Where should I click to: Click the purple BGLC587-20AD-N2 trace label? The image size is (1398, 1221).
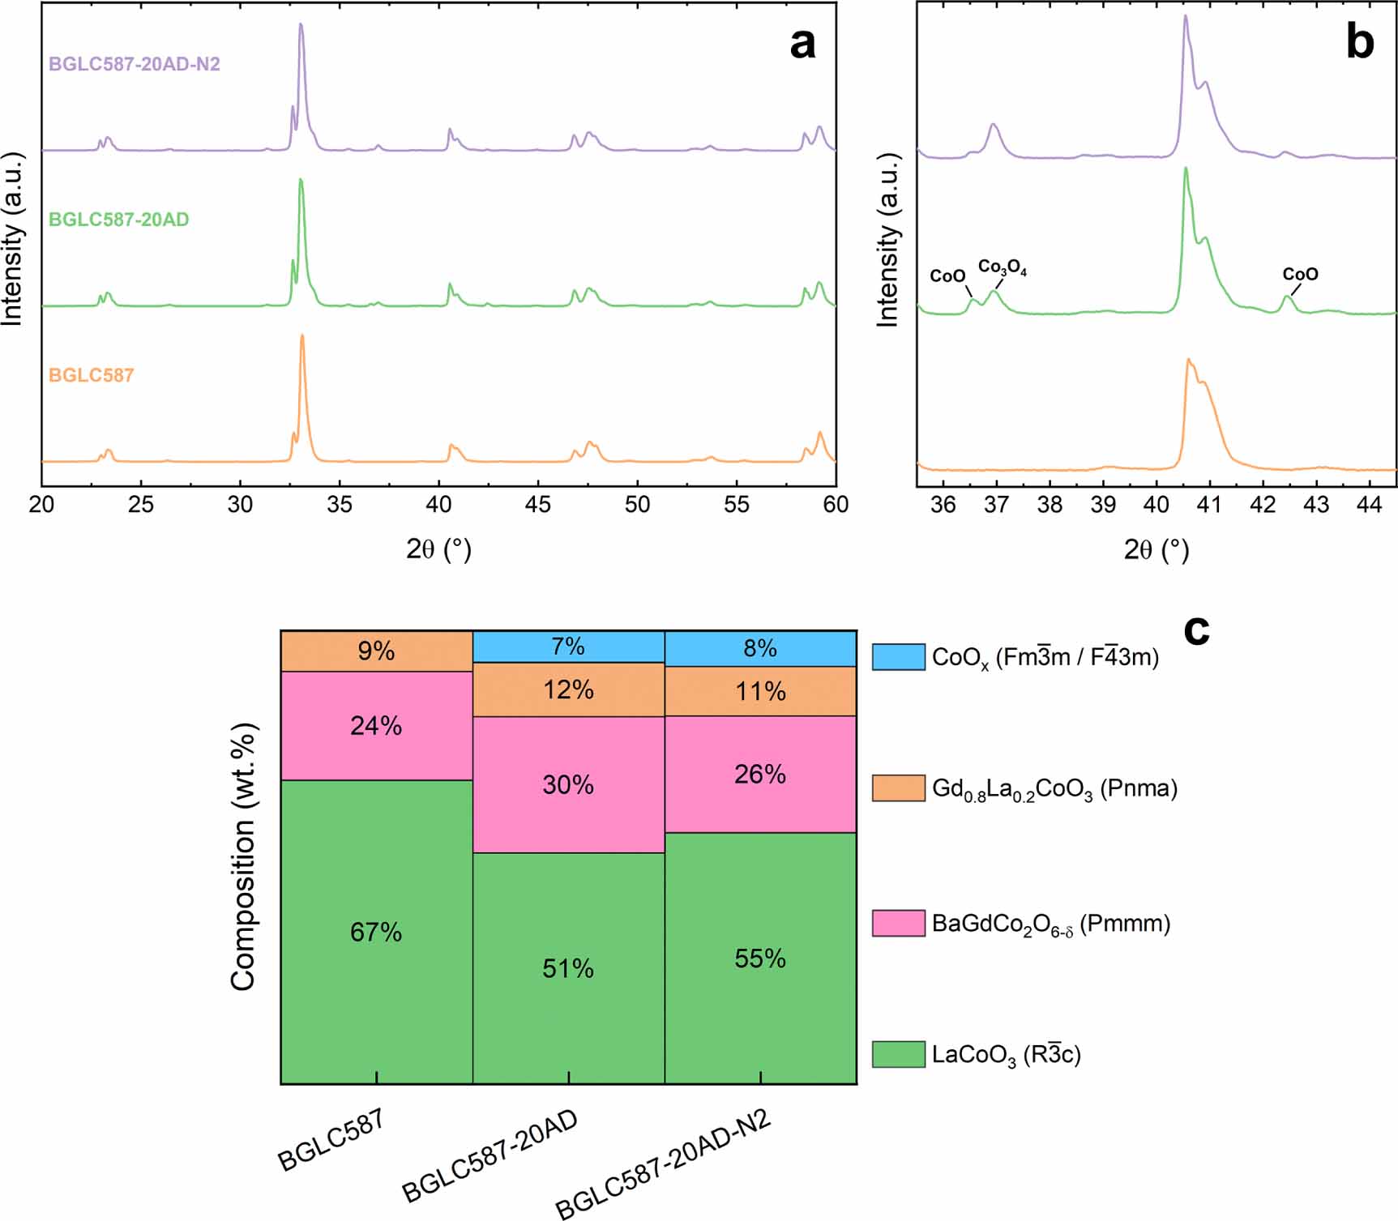pos(134,64)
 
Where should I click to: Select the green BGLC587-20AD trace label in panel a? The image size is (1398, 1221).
pos(118,220)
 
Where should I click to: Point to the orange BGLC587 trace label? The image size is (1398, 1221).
pos(91,375)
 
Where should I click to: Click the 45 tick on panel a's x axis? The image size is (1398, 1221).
pos(537,505)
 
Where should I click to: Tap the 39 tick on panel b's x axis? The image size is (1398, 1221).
pos(1103,505)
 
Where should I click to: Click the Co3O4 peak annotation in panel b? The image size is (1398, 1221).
pos(1002,267)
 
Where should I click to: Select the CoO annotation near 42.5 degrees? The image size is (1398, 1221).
pos(1300,275)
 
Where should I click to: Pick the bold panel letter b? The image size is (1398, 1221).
pos(1359,42)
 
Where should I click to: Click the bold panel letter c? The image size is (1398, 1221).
pos(1196,630)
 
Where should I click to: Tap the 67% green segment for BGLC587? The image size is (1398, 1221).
pos(376,932)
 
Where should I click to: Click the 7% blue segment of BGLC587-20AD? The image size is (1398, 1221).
pos(568,647)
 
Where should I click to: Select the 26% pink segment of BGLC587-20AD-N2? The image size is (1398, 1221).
pos(760,775)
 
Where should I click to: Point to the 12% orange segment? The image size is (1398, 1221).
pos(568,689)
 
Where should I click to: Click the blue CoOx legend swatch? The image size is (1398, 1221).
pos(898,657)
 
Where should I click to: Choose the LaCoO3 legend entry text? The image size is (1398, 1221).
pos(1006,1055)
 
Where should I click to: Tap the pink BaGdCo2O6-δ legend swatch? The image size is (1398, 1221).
pos(898,924)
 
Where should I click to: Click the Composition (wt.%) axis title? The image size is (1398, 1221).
pos(243,856)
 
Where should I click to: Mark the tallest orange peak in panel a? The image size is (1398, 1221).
pos(302,337)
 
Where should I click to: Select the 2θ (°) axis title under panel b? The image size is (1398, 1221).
pos(1156,550)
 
